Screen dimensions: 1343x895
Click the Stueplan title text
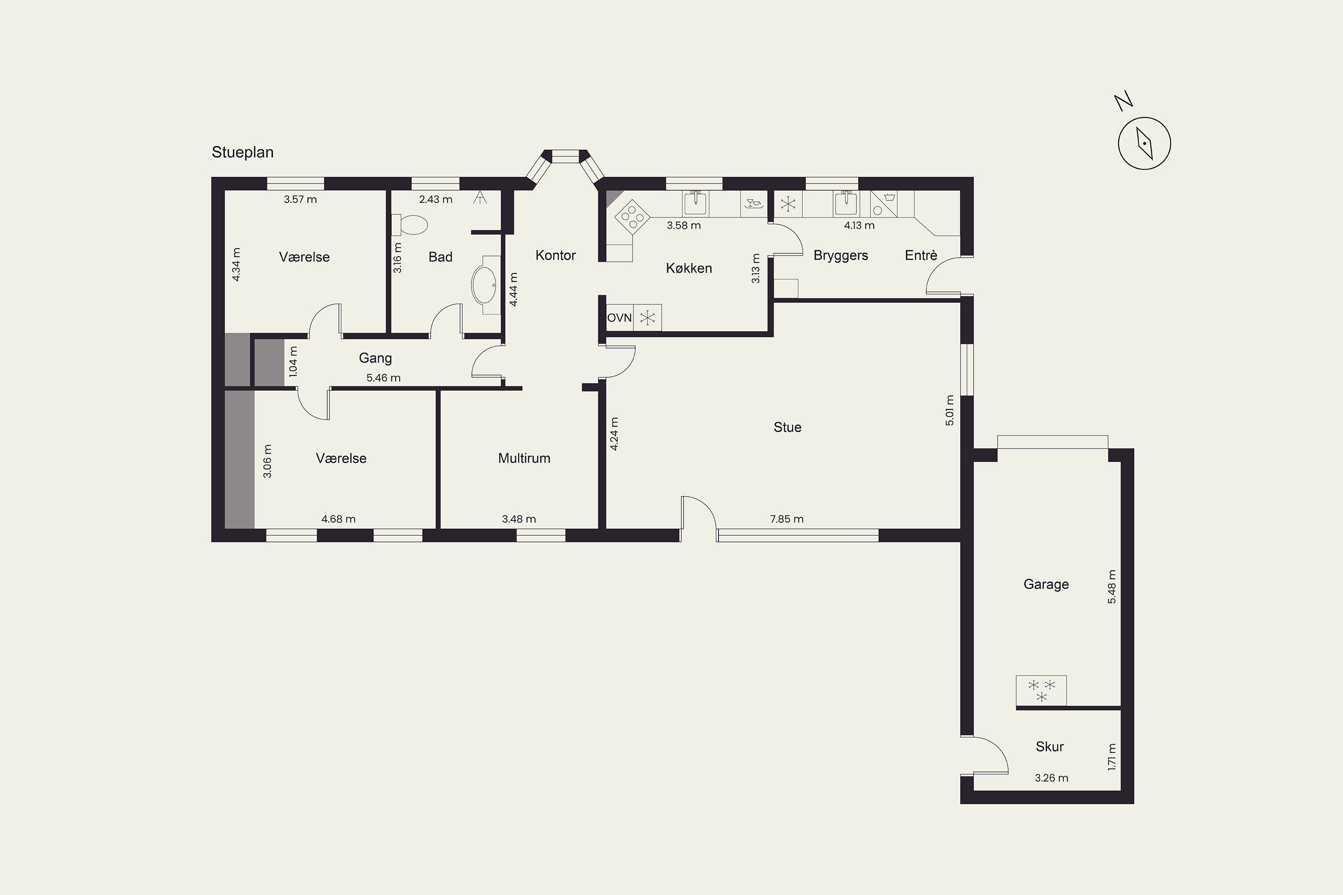click(243, 153)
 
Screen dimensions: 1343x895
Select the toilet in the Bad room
click(410, 224)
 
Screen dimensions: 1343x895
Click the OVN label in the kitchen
click(620, 318)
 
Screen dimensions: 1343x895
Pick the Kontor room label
click(556, 255)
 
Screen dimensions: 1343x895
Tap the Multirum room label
click(524, 458)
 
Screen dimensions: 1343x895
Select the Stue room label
click(787, 427)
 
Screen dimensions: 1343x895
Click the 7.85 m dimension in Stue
click(787, 519)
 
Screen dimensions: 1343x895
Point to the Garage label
click(1046, 584)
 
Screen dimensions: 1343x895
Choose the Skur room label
click(1049, 746)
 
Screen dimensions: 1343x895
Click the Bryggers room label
click(841, 256)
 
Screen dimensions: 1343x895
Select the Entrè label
click(921, 255)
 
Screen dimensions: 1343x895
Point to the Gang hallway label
click(375, 358)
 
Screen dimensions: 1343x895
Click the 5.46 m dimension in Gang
click(383, 378)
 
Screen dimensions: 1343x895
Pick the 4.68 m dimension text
click(338, 519)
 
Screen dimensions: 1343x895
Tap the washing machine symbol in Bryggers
click(884, 204)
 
